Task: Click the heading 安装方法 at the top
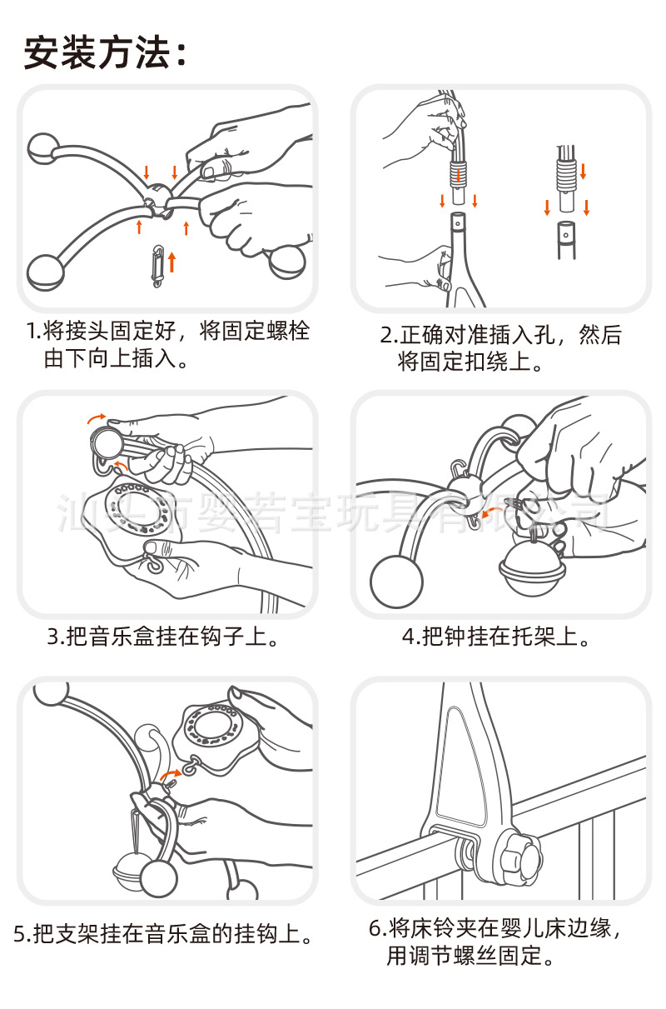coord(104,52)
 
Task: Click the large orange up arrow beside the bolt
coord(172,260)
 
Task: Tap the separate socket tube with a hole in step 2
coord(567,237)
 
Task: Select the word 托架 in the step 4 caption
coord(533,637)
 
